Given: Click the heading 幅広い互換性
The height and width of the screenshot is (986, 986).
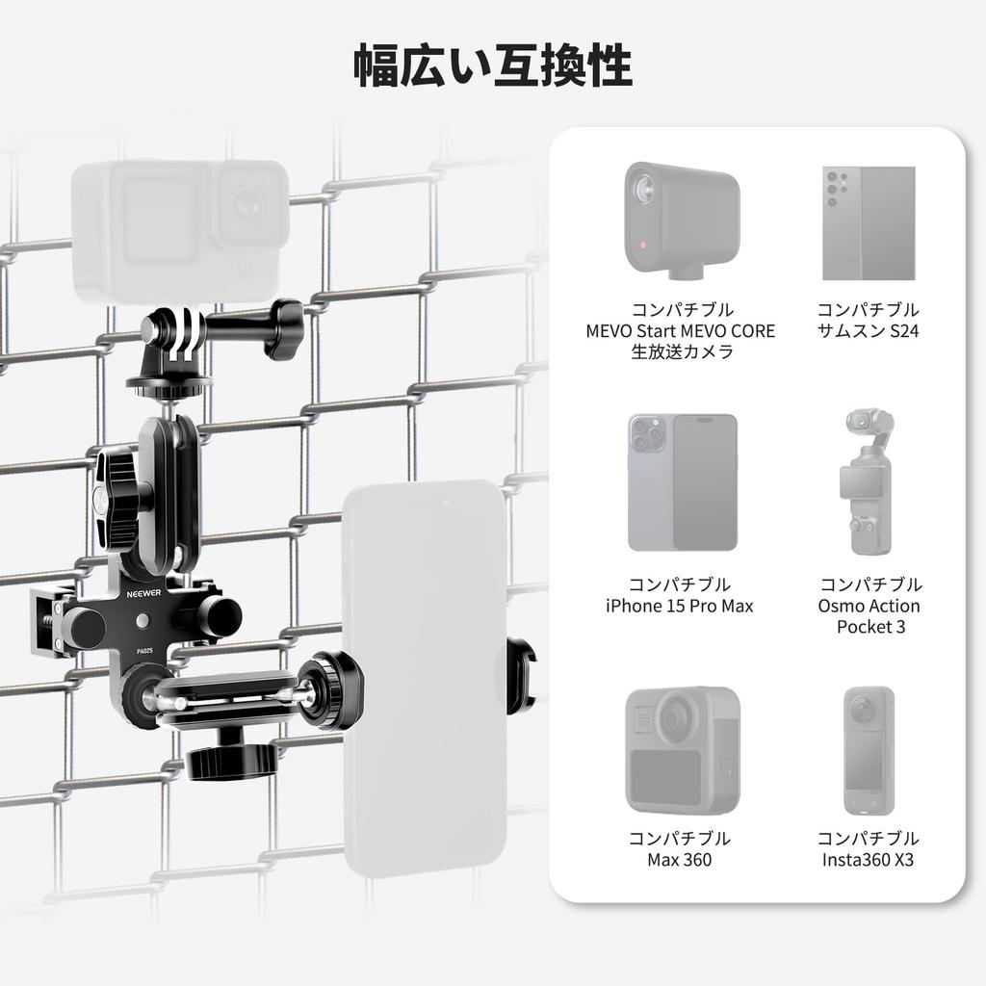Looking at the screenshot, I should click(493, 65).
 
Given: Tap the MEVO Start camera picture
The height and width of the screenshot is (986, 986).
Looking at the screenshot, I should click(681, 216).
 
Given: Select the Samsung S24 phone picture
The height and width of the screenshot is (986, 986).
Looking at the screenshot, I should click(867, 222).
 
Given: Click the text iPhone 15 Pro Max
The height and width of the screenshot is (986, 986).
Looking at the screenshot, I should click(680, 606).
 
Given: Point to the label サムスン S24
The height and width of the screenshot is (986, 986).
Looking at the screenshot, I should click(868, 330).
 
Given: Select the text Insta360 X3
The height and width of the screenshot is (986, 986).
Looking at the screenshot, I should click(868, 859).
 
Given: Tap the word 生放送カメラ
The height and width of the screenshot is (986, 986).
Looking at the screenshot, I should click(681, 351).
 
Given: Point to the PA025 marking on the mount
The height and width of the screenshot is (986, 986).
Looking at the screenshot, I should click(145, 651).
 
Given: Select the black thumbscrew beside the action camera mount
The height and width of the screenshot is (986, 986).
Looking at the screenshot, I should click(284, 327).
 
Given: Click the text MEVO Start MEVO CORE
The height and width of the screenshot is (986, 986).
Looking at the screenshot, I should click(681, 330).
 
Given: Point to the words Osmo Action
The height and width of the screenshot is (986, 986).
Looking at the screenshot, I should click(869, 606).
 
